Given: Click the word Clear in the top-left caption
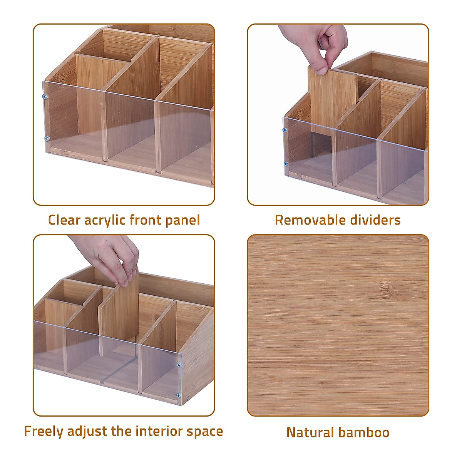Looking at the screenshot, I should tap(64, 220).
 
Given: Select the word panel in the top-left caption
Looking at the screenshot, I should tap(183, 221).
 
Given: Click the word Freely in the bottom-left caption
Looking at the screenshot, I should tap(44, 431).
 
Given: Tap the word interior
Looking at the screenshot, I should tap(158, 431).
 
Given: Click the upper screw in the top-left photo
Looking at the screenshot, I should tap(45, 96).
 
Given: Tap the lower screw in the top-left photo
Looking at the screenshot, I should tap(47, 138).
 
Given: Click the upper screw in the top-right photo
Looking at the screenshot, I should tap(285, 130).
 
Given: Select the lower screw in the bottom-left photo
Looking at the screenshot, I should tap(179, 395).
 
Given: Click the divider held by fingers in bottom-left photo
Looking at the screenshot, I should tap(119, 312).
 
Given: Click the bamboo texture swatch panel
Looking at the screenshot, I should tap(338, 325).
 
